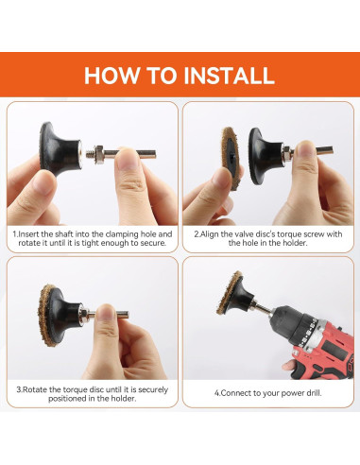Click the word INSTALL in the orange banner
click(229, 76)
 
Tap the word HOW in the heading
click(111, 76)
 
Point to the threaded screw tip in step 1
click(90, 151)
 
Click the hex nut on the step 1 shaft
click(99, 151)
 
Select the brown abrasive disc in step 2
click(229, 158)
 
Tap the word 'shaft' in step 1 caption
click(64, 234)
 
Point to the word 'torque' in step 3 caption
click(76, 389)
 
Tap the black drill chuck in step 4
click(293, 323)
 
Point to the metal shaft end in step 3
click(124, 314)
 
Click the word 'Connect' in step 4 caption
click(236, 393)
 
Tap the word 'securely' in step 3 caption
click(153, 389)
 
